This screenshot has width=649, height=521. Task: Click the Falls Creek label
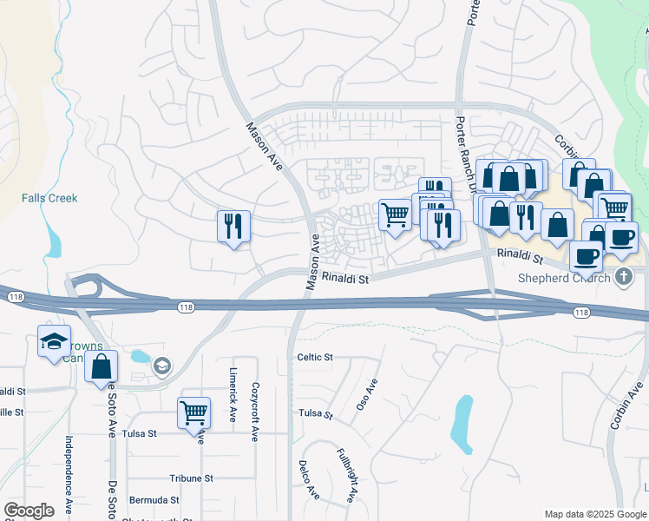click(x=49, y=198)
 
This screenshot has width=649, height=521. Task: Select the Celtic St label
click(x=315, y=357)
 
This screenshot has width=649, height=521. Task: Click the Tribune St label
click(x=191, y=478)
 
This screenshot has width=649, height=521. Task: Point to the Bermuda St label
click(x=154, y=500)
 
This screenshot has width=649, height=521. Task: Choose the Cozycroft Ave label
click(x=255, y=411)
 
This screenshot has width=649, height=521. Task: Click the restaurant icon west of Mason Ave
click(x=233, y=227)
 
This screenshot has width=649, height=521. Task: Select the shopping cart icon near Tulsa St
click(x=193, y=412)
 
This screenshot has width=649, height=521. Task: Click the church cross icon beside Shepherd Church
click(x=622, y=278)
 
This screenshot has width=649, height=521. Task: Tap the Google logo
click(x=29, y=511)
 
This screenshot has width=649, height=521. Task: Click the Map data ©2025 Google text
click(x=594, y=514)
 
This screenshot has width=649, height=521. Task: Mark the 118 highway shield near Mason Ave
click(x=187, y=307)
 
